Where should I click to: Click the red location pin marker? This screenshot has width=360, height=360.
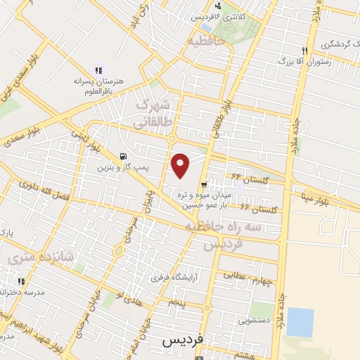click(x=181, y=165)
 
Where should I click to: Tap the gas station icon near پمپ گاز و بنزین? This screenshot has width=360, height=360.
click(x=124, y=157)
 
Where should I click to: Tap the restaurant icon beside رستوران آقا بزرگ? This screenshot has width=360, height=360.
click(x=304, y=51)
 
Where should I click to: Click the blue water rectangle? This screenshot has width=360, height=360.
click(x=300, y=322)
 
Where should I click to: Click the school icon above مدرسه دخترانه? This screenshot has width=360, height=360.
click(x=21, y=281)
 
